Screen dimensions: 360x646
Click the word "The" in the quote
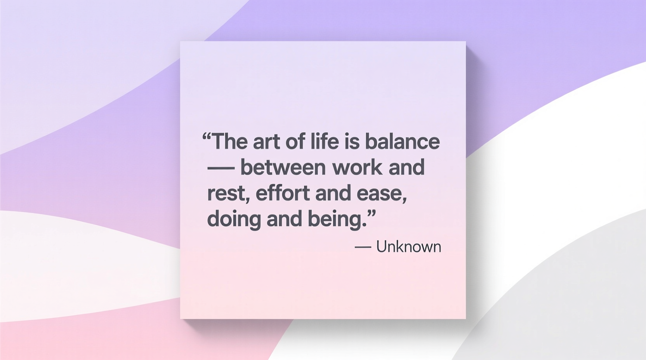point(230,142)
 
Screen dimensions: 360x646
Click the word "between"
point(283,168)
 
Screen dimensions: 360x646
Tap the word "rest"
point(226,193)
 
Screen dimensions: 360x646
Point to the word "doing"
point(234,219)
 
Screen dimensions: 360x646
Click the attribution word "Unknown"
point(408,247)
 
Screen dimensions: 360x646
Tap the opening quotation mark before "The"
point(207,136)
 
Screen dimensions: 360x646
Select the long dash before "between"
point(221,169)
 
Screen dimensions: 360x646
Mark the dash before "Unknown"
point(363,247)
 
